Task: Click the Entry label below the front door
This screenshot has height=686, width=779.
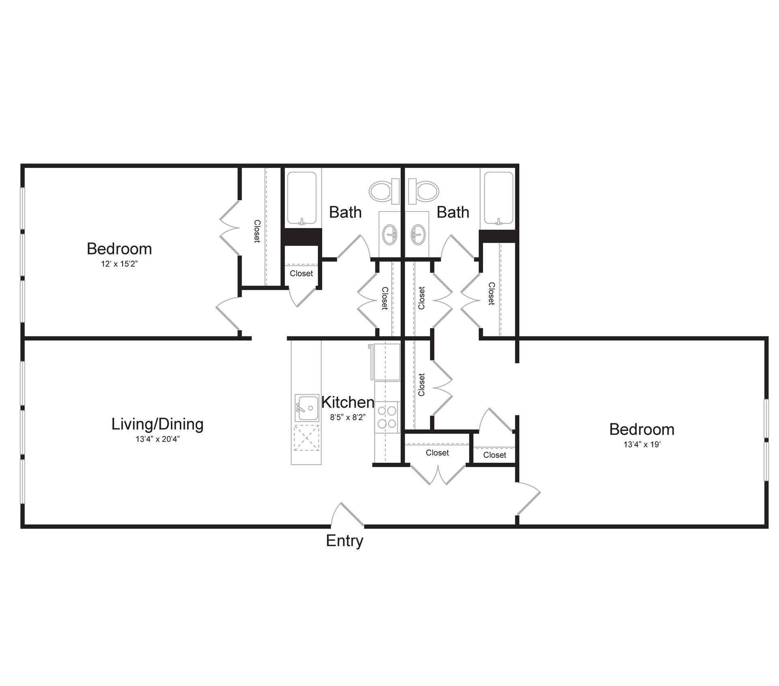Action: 344,541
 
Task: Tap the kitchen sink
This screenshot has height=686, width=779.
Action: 306,408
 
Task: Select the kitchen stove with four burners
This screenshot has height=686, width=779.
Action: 387,417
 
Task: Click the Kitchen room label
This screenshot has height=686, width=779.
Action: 348,402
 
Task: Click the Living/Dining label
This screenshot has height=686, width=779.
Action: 157,424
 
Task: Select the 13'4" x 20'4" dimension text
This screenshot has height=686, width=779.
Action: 157,439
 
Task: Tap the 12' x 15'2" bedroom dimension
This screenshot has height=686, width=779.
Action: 120,264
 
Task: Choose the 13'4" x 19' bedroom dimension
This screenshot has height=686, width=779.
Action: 642,444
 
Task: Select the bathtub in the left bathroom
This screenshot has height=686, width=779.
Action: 301,198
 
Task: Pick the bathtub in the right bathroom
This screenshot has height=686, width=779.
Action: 499,198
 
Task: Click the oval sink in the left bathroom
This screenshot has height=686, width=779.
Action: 391,235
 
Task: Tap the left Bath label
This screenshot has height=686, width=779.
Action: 345,212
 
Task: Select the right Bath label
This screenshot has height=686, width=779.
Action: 453,212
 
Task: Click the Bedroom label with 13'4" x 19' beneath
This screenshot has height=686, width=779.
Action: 642,429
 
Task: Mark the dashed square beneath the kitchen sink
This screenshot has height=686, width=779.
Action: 306,438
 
